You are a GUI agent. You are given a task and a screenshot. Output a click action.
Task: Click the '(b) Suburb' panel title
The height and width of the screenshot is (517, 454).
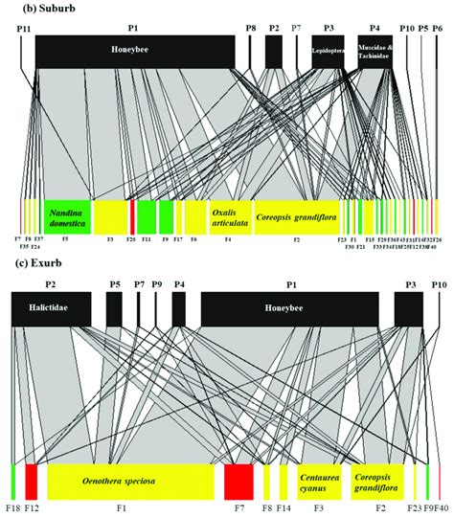point(38,8)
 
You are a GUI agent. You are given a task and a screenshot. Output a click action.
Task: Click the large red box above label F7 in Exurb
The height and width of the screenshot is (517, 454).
point(238,478)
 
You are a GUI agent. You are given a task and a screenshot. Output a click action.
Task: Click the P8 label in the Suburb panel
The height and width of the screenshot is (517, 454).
point(250,30)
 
